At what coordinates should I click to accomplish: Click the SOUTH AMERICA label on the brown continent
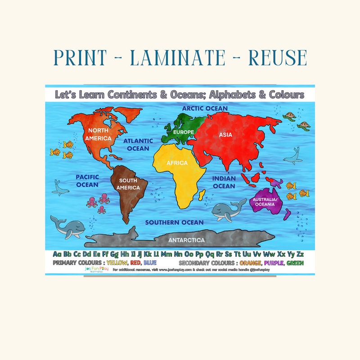tap(128, 184)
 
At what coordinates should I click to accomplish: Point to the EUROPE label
tap(183, 132)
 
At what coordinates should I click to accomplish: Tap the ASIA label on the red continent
tap(225, 135)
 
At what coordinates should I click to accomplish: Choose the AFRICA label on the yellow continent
tap(177, 163)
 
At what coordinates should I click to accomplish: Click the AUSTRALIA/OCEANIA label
tap(265, 202)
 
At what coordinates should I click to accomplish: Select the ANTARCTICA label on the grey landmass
tap(186, 240)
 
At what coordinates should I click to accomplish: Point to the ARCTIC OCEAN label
tap(205, 108)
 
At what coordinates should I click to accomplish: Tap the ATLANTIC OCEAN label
tap(138, 144)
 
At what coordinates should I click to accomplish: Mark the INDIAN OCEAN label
tap(224, 182)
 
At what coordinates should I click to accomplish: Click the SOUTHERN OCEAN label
tap(174, 222)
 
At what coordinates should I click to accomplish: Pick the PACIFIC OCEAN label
tap(87, 181)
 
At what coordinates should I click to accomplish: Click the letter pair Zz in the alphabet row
tap(298, 254)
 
